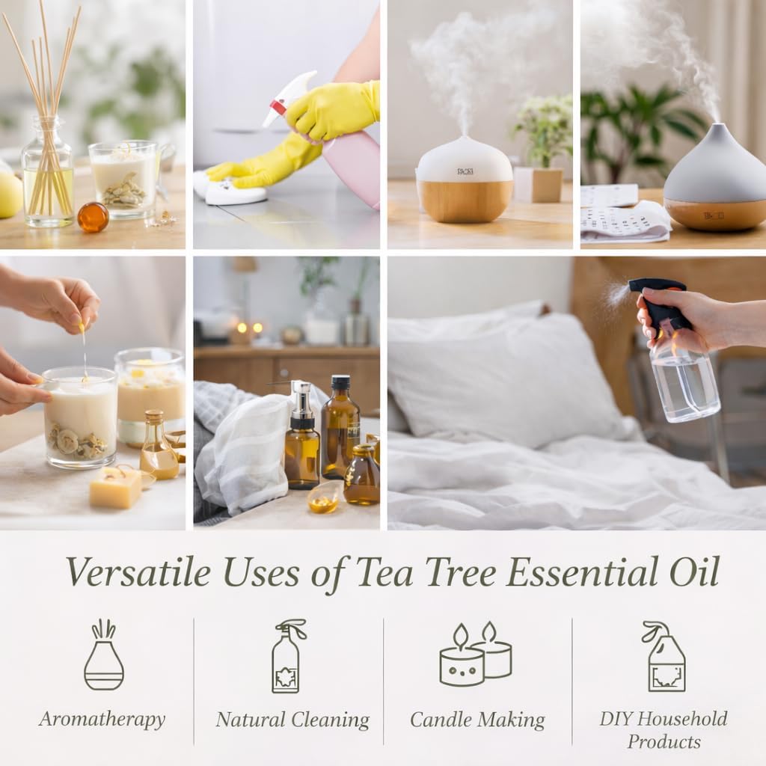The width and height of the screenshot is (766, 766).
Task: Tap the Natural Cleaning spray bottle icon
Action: pos(287,656)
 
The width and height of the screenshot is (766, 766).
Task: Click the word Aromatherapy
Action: pos(102,720)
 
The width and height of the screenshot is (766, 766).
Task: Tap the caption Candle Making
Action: pos(477,720)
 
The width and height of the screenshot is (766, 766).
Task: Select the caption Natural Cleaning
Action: pos(292,720)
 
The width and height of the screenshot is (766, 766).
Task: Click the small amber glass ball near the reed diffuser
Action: pos(93,217)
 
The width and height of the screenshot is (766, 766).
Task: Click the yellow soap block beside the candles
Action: pos(116,488)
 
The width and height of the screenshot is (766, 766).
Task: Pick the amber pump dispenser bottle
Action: pos(302,441)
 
